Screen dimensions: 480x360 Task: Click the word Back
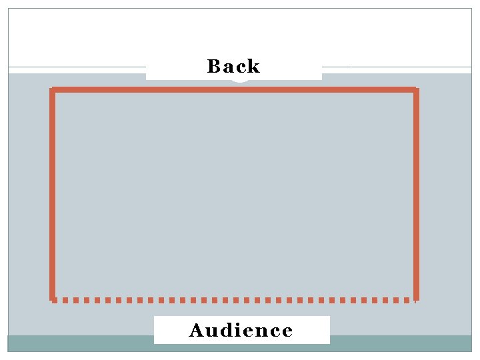pyautogui.click(x=233, y=66)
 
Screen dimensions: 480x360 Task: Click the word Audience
pyautogui.click(x=241, y=330)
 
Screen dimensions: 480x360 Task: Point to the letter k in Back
pyautogui.click(x=253, y=66)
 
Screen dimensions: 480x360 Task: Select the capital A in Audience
pyautogui.click(x=197, y=330)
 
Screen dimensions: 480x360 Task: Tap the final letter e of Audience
pyautogui.click(x=286, y=331)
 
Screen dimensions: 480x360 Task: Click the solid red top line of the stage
pyautogui.click(x=233, y=89)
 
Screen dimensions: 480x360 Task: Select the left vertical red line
pyautogui.click(x=52, y=193)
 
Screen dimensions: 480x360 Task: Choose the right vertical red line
pyautogui.click(x=416, y=193)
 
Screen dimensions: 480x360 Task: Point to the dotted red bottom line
pyautogui.click(x=233, y=300)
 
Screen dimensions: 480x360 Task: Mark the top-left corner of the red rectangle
pyautogui.click(x=53, y=89)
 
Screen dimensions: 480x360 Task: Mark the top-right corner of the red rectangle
pyautogui.click(x=416, y=89)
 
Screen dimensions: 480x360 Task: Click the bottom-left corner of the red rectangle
pyautogui.click(x=53, y=299)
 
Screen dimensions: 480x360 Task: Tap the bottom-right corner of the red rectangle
pyautogui.click(x=416, y=299)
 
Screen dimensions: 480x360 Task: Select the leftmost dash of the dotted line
pyautogui.click(x=56, y=300)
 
